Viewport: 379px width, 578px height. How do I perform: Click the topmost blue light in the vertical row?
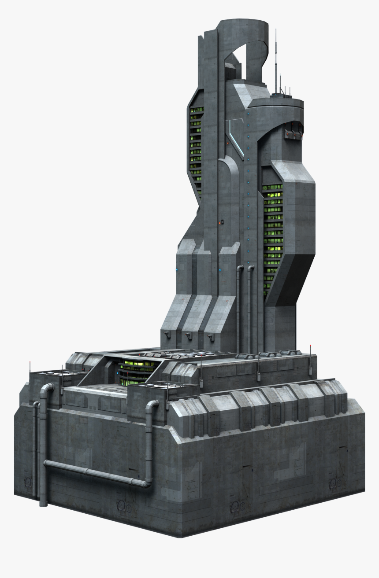(248, 125)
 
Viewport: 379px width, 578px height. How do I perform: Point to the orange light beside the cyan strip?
(227, 143)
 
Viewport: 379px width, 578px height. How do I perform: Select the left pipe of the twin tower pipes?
(238, 308)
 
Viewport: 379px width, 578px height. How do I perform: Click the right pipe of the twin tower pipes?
(249, 308)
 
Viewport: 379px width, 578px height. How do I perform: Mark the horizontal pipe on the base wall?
(95, 473)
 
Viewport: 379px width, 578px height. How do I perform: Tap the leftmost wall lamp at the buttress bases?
(167, 334)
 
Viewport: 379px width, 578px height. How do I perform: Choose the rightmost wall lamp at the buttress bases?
(211, 337)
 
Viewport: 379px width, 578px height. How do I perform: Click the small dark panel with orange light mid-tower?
(222, 222)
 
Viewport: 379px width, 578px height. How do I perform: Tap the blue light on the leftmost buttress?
(177, 269)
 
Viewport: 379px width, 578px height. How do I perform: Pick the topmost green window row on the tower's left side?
(197, 110)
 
